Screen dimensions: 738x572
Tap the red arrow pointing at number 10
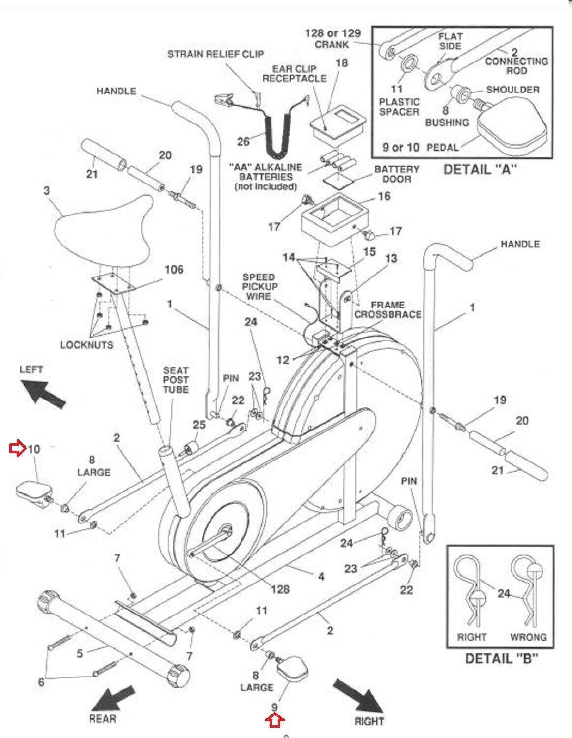pyautogui.click(x=18, y=449)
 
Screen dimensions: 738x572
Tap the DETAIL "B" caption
pyautogui.click(x=501, y=658)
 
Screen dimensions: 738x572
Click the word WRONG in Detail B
pyautogui.click(x=528, y=637)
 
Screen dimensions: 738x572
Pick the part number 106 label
pyautogui.click(x=174, y=269)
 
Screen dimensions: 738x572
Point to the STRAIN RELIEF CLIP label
pyautogui.click(x=215, y=54)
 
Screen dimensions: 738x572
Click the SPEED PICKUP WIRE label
pyautogui.click(x=259, y=286)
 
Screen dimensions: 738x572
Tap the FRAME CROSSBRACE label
pyautogui.click(x=388, y=309)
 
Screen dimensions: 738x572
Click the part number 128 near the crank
pyautogui.click(x=280, y=589)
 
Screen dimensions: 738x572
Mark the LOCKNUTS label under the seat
pyautogui.click(x=87, y=345)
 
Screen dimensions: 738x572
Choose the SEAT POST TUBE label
pyautogui.click(x=176, y=379)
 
